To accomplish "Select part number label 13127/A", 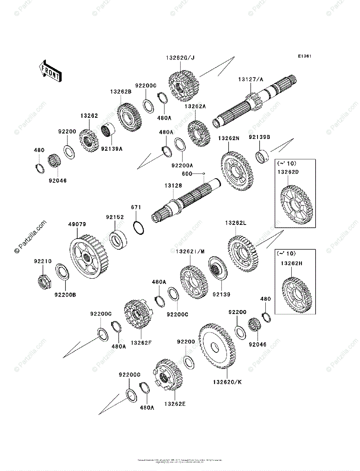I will pos(250,80).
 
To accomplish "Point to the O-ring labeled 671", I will pos(139,227).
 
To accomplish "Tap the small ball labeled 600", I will pos(205,173).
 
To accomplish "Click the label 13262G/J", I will pos(180,58).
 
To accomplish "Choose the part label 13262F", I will pos(141,343).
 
